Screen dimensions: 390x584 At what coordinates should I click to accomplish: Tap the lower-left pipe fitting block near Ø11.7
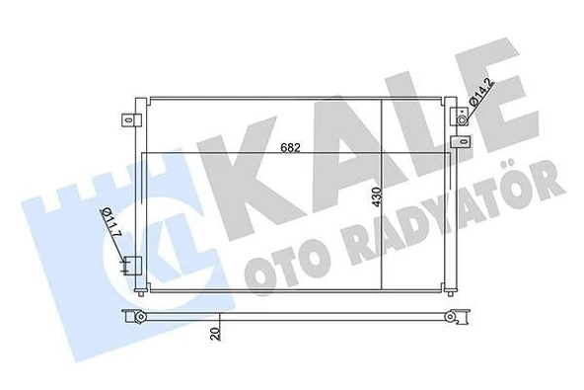pos(130,265)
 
